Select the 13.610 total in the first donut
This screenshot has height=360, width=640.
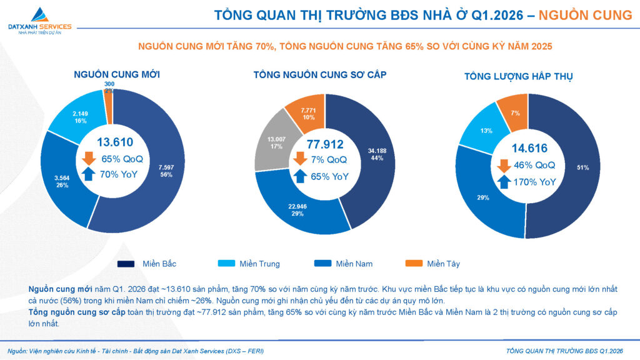(x=114, y=142)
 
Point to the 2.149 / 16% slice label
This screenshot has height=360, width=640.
(x=81, y=117)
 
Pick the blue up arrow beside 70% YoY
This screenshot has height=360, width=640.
(x=87, y=175)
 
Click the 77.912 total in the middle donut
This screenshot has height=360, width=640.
(x=325, y=144)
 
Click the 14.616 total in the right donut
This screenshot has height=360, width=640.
(x=529, y=149)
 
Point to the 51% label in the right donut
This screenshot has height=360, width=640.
(x=582, y=167)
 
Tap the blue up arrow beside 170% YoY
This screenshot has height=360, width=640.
(x=503, y=182)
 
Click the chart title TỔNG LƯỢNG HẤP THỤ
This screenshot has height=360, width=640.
(x=518, y=76)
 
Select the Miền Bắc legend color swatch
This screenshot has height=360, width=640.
(x=126, y=264)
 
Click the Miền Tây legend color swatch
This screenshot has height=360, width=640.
(x=413, y=264)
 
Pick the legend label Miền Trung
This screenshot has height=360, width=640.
(x=259, y=264)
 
